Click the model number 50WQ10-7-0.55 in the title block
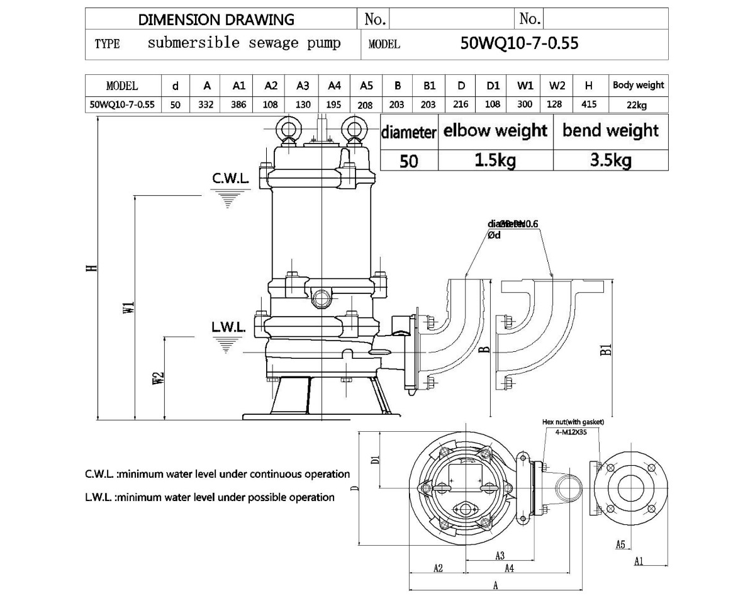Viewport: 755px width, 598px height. pos(519,43)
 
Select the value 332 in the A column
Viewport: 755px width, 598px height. pos(206,104)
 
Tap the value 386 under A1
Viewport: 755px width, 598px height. pos(238,104)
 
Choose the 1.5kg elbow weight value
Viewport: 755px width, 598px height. pos(495,160)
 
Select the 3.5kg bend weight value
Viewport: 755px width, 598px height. pos(610,160)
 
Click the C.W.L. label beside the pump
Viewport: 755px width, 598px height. pos(230,179)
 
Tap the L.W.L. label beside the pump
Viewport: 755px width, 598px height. pos(228,327)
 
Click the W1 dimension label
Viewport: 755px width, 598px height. pos(129,308)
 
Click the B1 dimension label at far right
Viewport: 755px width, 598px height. pos(606,350)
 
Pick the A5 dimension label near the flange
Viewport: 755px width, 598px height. pos(620,544)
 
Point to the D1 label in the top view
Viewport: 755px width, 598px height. pos(375,460)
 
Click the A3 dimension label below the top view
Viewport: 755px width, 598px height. pos(500,556)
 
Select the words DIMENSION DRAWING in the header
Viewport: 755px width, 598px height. pos(216,20)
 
